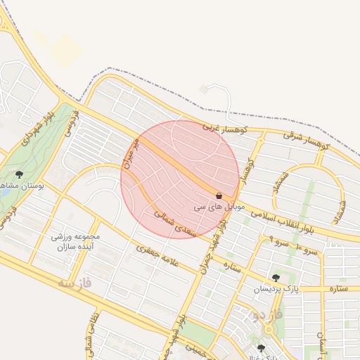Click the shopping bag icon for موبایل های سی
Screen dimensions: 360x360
[x=219, y=195]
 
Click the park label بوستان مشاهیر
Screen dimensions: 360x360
[x=21, y=188]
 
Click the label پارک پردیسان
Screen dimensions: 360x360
[x=276, y=289]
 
